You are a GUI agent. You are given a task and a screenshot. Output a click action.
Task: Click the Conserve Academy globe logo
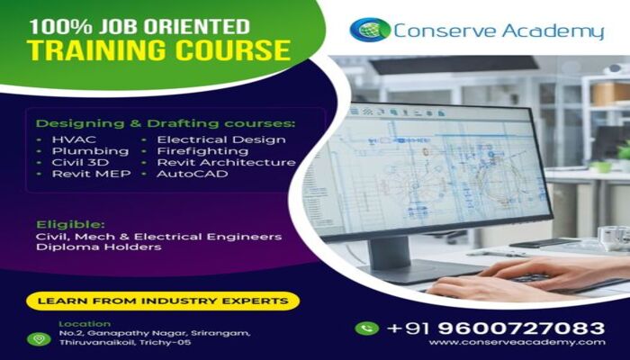[x=370, y=30]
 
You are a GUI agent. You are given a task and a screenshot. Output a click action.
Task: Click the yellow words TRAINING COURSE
[x=158, y=50]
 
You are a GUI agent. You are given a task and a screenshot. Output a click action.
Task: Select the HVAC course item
[x=74, y=139]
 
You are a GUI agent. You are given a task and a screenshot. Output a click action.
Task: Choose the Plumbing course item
[x=90, y=151]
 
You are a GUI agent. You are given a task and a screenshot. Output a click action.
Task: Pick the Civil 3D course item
[x=80, y=162]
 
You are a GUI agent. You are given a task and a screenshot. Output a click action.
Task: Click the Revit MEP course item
[x=91, y=174]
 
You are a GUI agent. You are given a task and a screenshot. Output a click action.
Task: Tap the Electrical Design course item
[x=221, y=140]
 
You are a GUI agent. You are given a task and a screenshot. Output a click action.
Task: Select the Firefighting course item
[x=202, y=151]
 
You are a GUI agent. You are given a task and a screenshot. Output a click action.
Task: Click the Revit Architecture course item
[x=226, y=162]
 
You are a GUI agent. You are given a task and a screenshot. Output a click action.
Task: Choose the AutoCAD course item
[x=192, y=174]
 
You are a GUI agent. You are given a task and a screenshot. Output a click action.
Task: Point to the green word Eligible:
[x=70, y=225]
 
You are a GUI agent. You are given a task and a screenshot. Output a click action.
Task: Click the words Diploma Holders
[x=98, y=247]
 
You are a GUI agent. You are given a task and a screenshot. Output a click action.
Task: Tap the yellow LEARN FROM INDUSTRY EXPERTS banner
[x=163, y=301]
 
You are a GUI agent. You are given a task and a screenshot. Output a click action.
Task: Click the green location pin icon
[x=39, y=339]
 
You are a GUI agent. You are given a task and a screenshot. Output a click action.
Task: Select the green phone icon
[x=367, y=328]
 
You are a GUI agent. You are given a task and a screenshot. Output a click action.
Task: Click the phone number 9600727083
[x=521, y=328]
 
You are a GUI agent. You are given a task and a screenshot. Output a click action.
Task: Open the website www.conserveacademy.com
[x=517, y=342]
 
